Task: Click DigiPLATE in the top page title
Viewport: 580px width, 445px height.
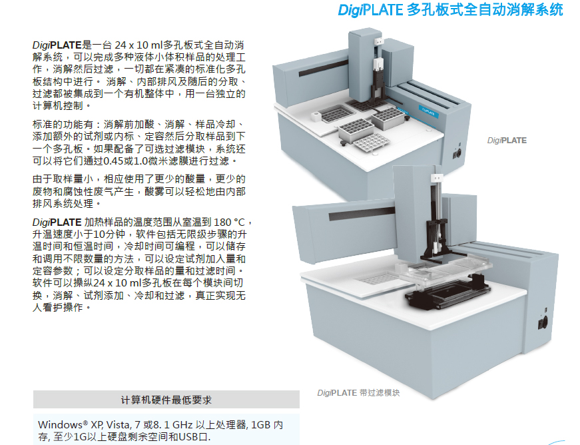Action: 370,9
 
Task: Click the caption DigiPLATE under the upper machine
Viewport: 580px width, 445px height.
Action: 507,140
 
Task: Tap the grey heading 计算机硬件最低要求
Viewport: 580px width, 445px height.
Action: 166,400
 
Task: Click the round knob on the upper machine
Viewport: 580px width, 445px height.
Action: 458,153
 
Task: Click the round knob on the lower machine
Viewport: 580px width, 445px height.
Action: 543,323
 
